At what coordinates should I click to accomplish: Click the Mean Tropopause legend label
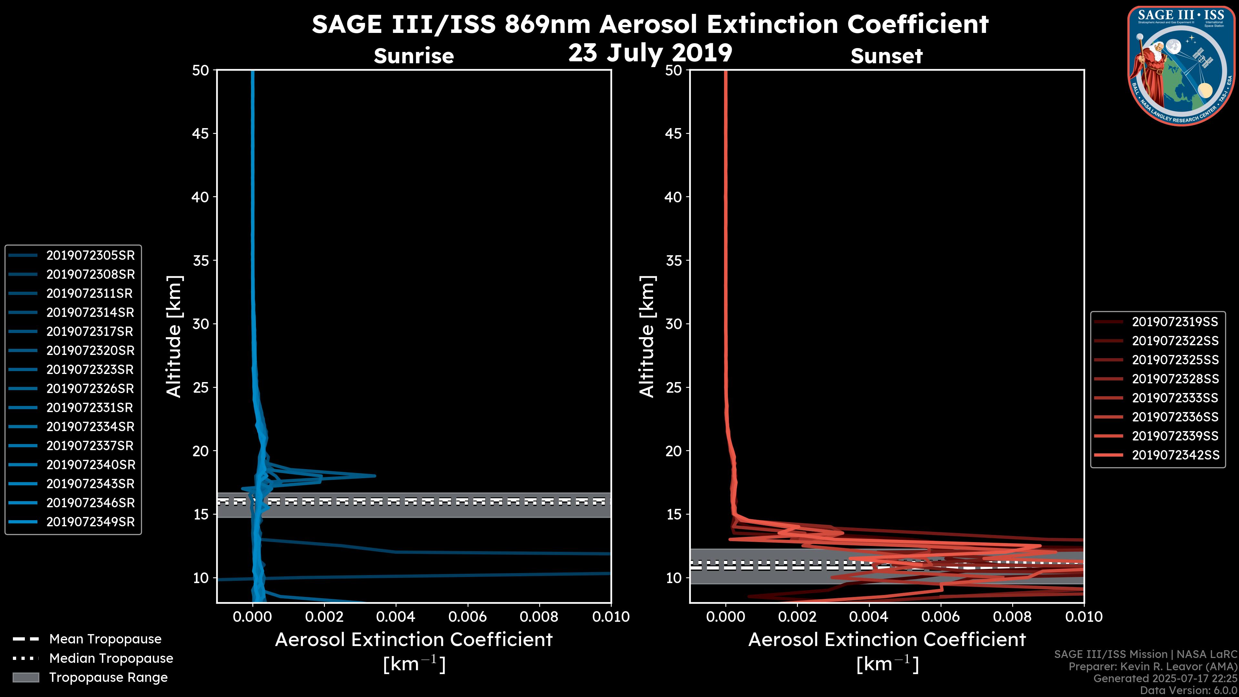(105, 639)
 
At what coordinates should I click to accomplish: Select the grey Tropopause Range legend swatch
(26, 677)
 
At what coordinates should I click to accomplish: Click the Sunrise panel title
(414, 56)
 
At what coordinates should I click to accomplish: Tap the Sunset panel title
(886, 56)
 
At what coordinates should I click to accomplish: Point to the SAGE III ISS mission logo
(1181, 66)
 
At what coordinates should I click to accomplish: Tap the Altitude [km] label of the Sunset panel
(647, 337)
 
